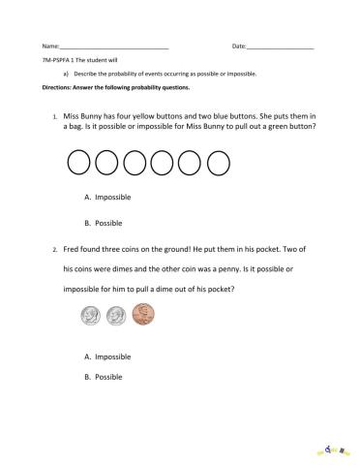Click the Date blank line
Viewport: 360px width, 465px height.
coord(281,47)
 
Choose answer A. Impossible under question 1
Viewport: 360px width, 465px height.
coord(108,198)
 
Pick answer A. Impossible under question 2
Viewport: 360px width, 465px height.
coord(108,356)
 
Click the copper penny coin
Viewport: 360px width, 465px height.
coord(143,315)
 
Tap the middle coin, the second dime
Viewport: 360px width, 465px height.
coord(117,315)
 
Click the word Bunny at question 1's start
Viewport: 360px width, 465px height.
coord(95,114)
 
